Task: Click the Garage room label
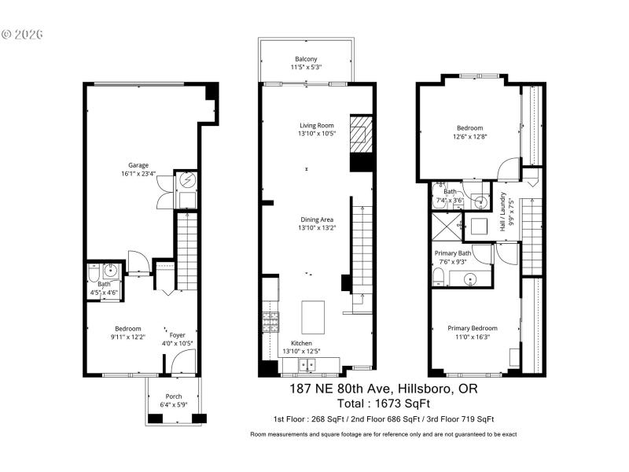tap(138, 165)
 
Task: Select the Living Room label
tap(317, 125)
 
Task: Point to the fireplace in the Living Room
tap(361, 134)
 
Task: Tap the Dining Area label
tap(318, 219)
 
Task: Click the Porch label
tap(173, 396)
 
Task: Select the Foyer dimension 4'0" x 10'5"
tap(177, 343)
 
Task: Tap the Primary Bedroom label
tap(472, 328)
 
